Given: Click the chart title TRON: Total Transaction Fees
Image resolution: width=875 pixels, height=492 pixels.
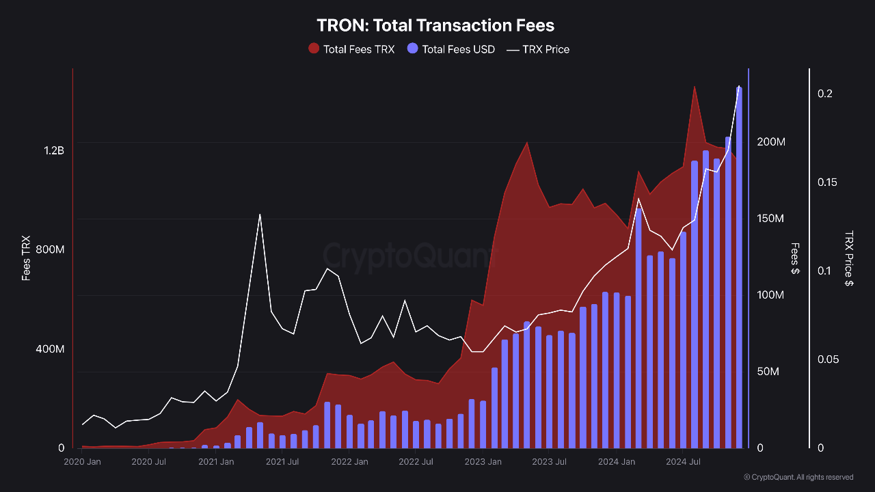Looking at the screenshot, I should tap(435, 25).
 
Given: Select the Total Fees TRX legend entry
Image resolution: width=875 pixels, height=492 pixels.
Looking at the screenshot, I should tap(351, 49).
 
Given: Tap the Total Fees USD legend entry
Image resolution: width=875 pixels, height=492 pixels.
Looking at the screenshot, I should tap(450, 49).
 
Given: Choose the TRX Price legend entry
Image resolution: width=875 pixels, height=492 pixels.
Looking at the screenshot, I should tap(537, 49).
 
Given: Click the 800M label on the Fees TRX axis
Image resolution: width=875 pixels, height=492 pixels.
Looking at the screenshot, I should tap(49, 249).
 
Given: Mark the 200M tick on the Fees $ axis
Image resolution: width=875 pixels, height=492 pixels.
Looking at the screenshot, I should tap(770, 142).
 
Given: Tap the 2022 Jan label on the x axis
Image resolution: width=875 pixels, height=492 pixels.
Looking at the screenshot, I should tap(349, 462).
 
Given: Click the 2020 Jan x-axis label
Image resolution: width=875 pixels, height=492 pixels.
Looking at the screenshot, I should tap(82, 462).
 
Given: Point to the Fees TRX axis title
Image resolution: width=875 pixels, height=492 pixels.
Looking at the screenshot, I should tap(26, 258).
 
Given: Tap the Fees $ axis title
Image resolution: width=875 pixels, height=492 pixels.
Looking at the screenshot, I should tap(794, 258).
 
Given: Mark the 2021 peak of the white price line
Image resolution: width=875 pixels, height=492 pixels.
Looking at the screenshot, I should tap(260, 215).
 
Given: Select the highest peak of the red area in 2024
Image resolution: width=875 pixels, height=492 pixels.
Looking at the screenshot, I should tap(695, 87).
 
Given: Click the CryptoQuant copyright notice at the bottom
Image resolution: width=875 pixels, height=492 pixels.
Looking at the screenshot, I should tap(798, 477).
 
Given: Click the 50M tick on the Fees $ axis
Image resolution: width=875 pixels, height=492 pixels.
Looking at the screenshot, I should tap(768, 372).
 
